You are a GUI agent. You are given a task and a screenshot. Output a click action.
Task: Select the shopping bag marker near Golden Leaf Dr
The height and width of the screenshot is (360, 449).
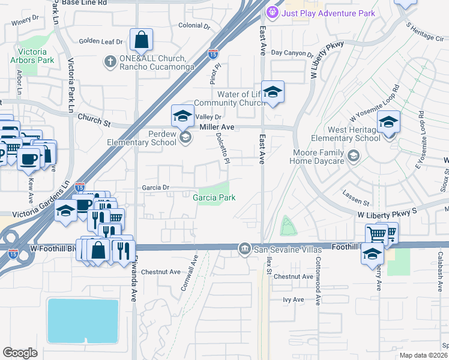[141, 41]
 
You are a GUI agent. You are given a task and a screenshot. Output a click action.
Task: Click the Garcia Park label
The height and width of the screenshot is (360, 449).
[214, 197]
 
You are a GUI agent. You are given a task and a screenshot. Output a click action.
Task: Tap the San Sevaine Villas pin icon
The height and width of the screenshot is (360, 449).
[244, 248]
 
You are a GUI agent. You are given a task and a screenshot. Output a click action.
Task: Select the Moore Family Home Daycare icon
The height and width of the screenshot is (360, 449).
[354, 157]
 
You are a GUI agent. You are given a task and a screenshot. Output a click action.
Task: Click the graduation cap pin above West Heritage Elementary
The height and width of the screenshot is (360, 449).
[388, 122]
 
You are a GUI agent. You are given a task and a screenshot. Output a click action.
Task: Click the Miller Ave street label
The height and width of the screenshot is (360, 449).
[217, 127]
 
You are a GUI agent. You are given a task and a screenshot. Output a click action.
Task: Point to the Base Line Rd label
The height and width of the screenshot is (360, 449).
[84, 3]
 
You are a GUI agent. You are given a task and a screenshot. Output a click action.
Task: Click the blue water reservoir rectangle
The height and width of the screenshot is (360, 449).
[82, 320]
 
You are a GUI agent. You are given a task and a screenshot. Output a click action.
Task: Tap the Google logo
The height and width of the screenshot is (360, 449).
[20, 353]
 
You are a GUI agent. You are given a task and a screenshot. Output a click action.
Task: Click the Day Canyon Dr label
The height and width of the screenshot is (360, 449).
[292, 53]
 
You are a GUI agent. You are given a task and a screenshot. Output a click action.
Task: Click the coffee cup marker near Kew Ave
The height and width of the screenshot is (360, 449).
[28, 158]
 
